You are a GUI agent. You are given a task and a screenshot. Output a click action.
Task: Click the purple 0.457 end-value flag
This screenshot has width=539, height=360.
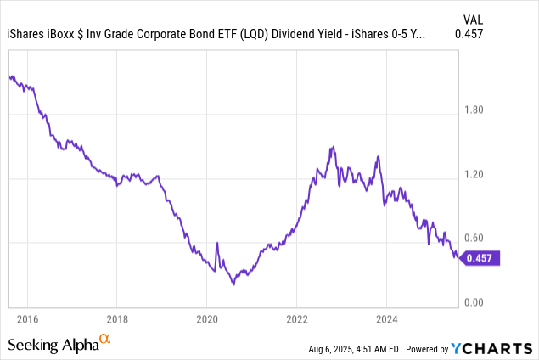coord(481,258)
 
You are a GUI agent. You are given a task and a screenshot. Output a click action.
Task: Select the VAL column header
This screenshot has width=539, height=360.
coord(518,18)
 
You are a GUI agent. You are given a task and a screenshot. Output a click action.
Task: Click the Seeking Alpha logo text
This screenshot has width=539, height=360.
coord(53,345)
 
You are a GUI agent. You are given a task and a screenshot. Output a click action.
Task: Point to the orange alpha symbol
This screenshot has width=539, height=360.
coord(105,340)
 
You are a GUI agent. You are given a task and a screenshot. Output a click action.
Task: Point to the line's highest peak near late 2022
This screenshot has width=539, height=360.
coord(333,147)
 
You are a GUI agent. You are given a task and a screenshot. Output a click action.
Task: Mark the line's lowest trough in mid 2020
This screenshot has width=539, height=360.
coord(233,284)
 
